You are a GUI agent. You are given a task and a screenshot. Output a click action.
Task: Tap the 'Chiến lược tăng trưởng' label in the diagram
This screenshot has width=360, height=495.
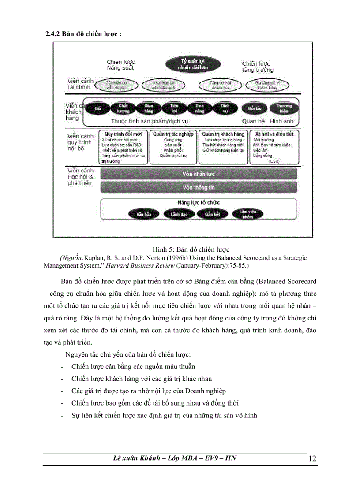point(258,67)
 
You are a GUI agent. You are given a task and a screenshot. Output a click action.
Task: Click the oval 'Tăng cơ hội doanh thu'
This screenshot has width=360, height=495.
point(214,85)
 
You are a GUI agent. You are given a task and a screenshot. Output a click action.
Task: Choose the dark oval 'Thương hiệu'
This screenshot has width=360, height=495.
point(284,108)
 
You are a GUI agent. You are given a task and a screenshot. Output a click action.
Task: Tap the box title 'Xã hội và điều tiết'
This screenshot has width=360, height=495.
point(274,134)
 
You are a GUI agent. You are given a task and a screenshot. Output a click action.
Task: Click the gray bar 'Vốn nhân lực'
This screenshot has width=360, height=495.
point(198,174)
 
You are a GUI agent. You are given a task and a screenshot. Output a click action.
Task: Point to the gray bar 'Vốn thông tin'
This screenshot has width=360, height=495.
point(198,187)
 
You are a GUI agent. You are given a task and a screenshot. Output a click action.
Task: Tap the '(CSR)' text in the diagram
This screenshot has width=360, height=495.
point(274,162)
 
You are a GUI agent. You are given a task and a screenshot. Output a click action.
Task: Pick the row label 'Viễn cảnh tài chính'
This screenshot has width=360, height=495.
point(79,84)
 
